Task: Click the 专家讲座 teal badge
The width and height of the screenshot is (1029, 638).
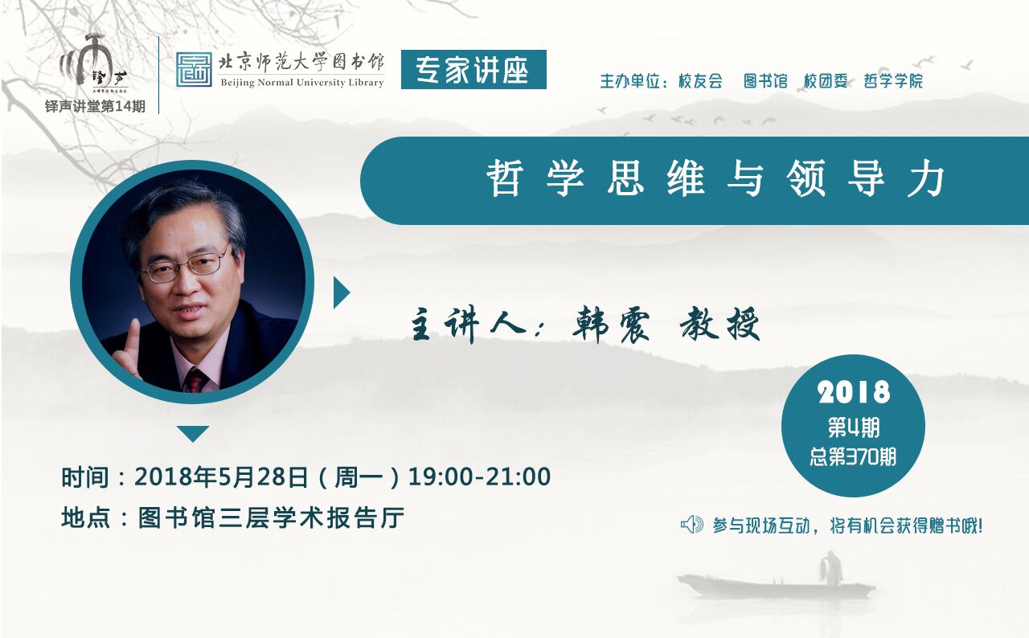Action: [x=474, y=69]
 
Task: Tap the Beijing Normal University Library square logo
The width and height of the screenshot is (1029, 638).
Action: [x=194, y=69]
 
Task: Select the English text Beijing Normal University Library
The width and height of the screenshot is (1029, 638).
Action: [x=302, y=83]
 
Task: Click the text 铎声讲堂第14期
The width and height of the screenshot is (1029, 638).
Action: [x=95, y=107]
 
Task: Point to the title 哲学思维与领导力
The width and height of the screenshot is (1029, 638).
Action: [x=715, y=178]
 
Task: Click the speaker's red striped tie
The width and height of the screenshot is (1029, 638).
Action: [x=197, y=379]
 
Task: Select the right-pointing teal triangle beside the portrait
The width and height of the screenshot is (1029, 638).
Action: [x=342, y=292]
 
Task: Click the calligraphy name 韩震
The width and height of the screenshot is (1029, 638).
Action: [x=612, y=325]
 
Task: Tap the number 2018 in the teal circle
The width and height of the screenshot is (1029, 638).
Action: [x=854, y=393]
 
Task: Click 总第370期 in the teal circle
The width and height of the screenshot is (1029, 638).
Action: [x=853, y=456]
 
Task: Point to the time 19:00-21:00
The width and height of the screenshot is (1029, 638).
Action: [x=479, y=476]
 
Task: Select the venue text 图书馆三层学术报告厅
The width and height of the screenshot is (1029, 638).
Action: [x=272, y=518]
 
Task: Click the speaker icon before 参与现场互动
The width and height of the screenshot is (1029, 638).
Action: [x=692, y=525]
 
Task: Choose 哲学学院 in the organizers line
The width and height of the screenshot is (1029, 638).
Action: [x=893, y=81]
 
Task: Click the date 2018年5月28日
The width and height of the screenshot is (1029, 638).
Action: [x=221, y=476]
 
